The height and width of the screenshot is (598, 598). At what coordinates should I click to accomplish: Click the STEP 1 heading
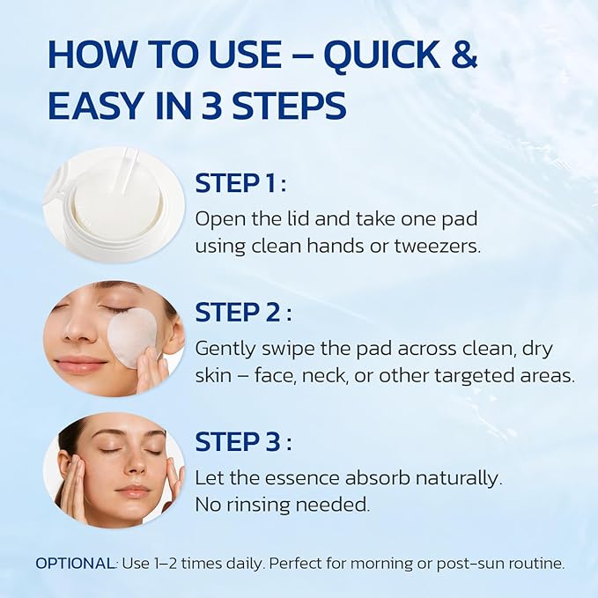[x=240, y=183]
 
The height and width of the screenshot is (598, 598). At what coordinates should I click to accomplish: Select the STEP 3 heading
[x=241, y=441]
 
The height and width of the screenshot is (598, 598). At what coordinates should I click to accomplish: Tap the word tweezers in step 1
[x=439, y=246]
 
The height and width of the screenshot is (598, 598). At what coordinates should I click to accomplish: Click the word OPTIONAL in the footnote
[x=75, y=563]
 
